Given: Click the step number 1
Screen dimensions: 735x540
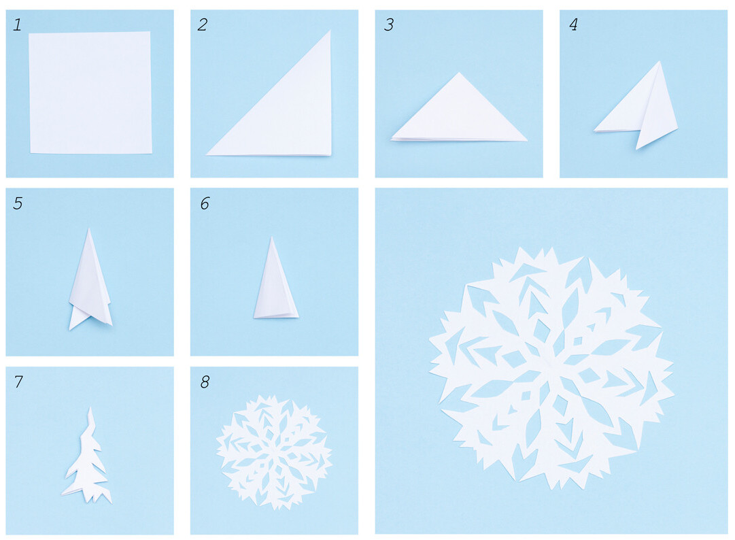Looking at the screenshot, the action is click(x=18, y=24).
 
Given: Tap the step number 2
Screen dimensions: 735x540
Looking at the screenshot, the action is click(x=203, y=24).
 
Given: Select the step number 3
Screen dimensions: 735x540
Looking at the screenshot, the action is click(x=389, y=24).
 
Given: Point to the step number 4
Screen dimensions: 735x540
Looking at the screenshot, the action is click(x=573, y=24).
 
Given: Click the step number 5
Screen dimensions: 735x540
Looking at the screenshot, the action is click(x=18, y=203).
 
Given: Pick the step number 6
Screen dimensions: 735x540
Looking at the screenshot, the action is click(x=205, y=203).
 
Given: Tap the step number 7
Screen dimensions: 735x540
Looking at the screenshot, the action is click(x=18, y=382).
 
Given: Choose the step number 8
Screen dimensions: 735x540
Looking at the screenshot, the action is click(x=205, y=382).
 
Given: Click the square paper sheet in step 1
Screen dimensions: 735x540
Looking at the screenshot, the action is click(x=90, y=92).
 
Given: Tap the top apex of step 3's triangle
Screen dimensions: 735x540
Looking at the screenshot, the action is click(x=459, y=72).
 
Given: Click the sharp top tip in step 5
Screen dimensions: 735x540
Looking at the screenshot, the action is click(x=89, y=229).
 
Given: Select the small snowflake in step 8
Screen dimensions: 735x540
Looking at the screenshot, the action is click(x=274, y=452).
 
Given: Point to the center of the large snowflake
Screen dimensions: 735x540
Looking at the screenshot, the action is click(x=551, y=368).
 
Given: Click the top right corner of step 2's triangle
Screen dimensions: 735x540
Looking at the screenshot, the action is click(x=330, y=31).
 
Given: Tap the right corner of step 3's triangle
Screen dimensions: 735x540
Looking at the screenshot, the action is click(x=528, y=140).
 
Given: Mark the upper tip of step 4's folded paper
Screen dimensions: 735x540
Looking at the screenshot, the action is click(x=659, y=61).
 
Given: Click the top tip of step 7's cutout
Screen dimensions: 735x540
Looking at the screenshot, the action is click(x=90, y=408).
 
